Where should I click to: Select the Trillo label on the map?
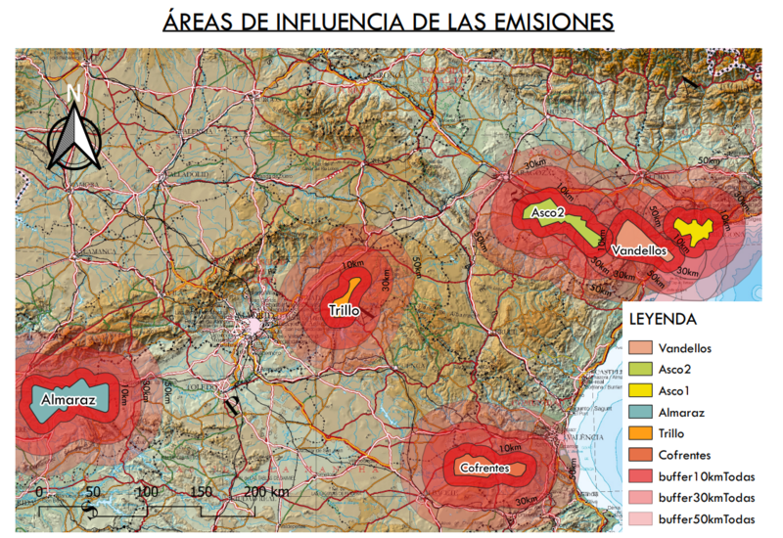pos(344,311)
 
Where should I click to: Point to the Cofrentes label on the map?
pos(484,469)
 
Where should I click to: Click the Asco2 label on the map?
pos(549,212)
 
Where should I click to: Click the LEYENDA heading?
pos(662,320)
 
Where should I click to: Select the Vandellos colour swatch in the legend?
pos(640,348)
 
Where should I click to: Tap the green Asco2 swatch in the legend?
pos(640,370)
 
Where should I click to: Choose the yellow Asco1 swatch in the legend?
pos(640,391)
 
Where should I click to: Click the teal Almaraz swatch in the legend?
pos(640,413)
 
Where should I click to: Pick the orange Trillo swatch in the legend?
pos(640,434)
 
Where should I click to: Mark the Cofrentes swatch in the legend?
pos(640,455)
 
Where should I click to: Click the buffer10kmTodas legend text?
pos(707,476)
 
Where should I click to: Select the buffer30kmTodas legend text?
pos(707,498)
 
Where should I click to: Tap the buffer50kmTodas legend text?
pos(707,518)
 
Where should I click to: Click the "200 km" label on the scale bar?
pos(266,491)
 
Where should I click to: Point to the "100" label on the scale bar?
pos(147,491)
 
